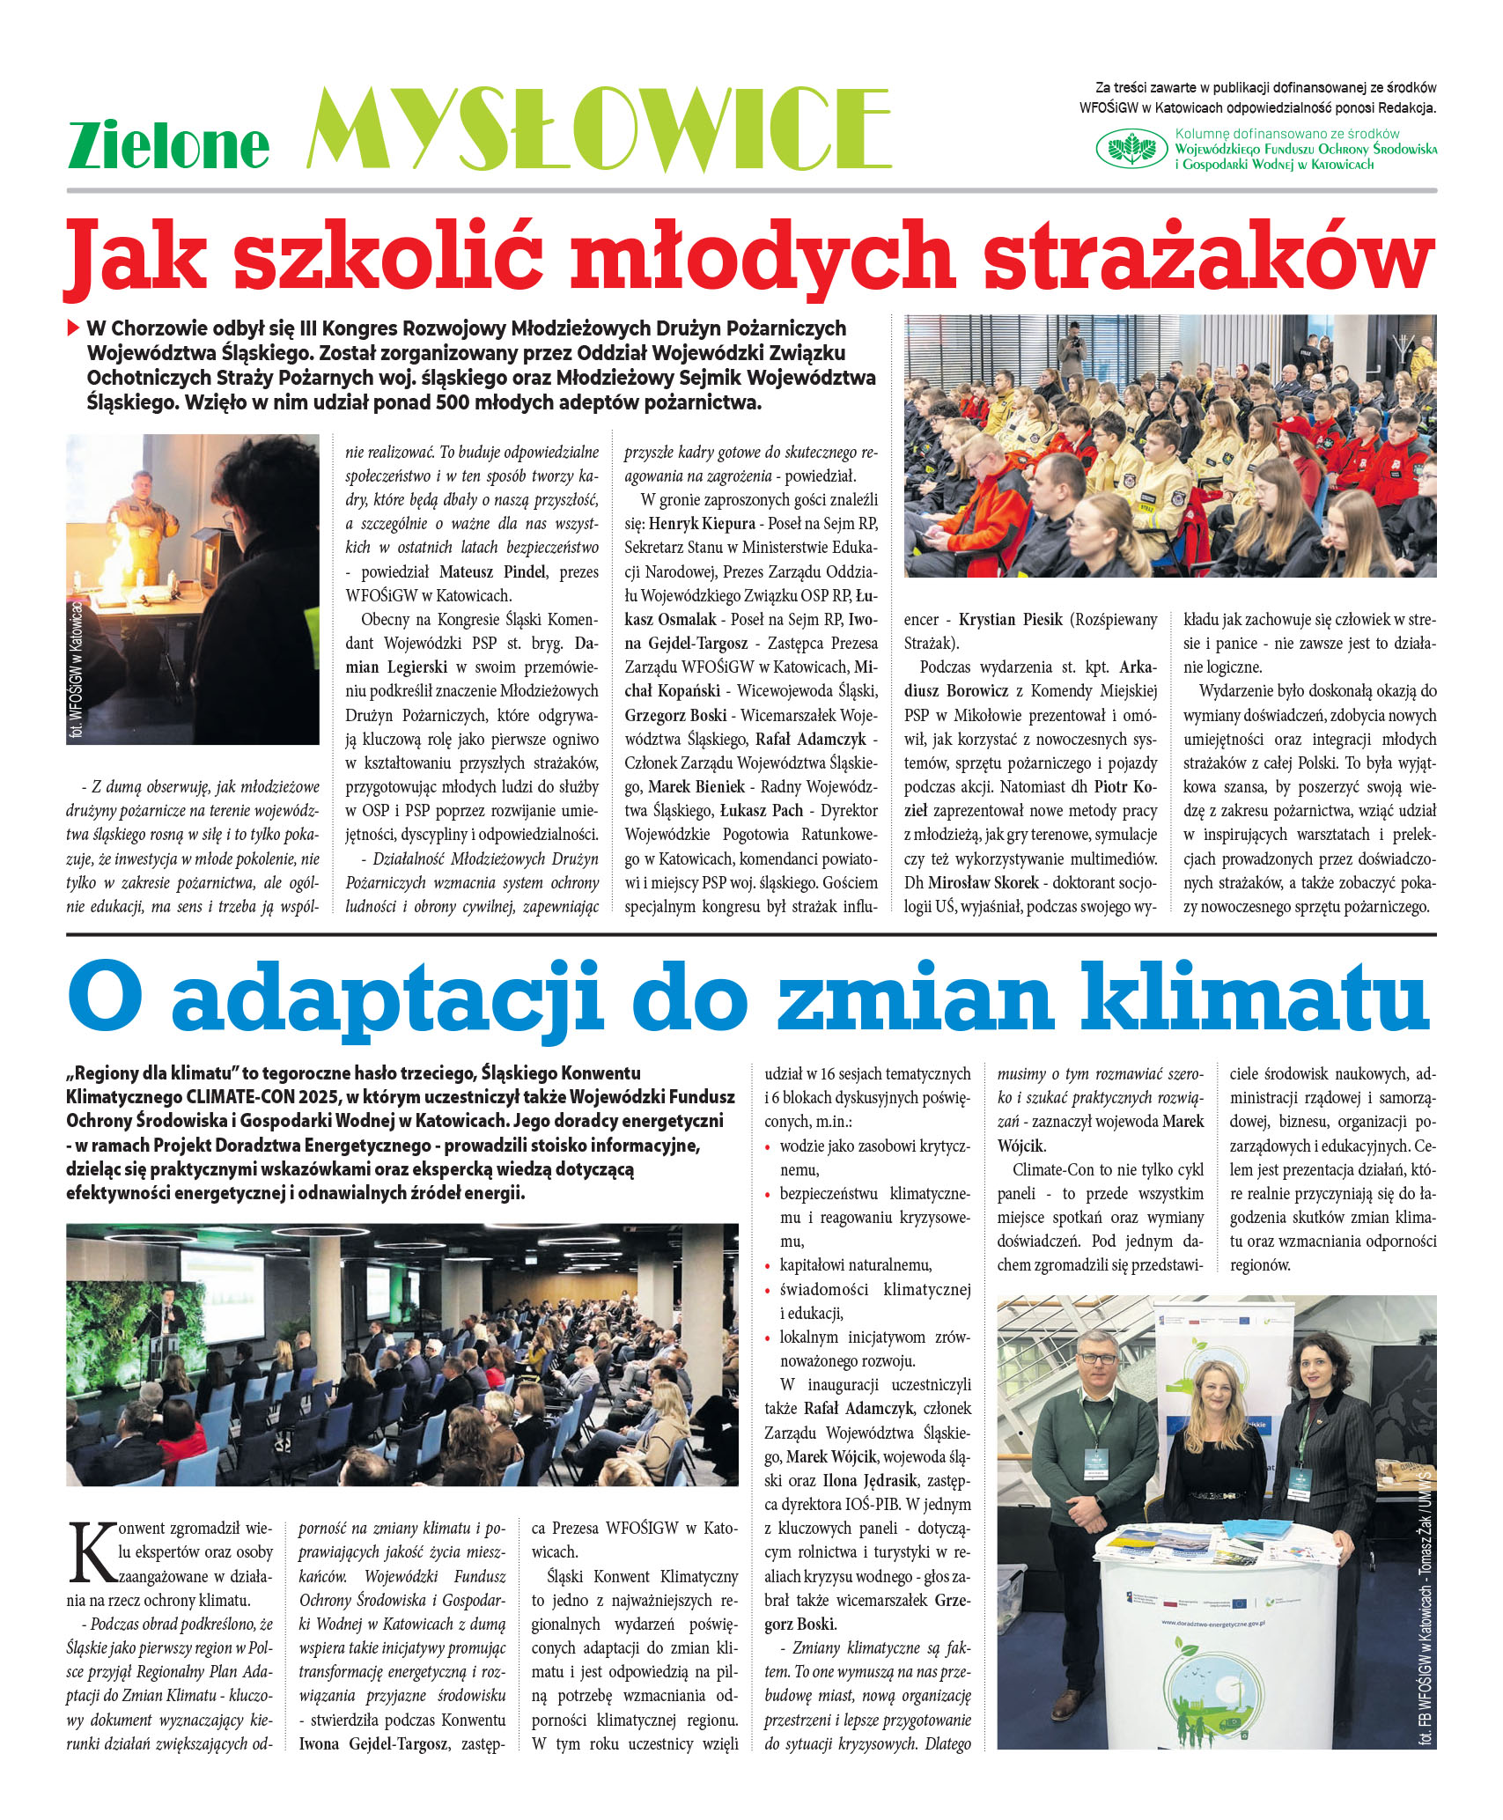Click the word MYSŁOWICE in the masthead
tap(599, 129)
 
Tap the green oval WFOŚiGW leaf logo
tap(1131, 148)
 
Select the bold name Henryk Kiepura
tap(702, 524)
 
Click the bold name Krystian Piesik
tap(1010, 620)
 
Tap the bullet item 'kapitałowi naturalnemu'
tap(855, 1265)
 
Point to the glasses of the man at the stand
tap(1098, 1358)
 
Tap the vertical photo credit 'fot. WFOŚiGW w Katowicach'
tap(77, 670)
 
